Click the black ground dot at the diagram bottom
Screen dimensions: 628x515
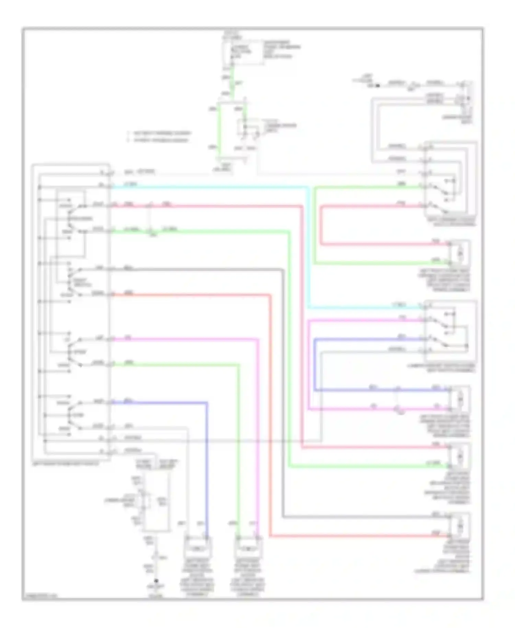(x=156, y=582)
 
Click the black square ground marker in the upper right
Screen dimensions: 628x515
(x=378, y=85)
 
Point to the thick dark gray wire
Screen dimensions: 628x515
(x=283, y=378)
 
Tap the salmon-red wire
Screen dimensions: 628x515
(x=270, y=412)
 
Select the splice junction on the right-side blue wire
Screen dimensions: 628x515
(x=398, y=390)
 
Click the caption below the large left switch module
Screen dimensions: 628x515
(x=65, y=464)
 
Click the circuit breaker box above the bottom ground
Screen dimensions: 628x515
(x=156, y=502)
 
